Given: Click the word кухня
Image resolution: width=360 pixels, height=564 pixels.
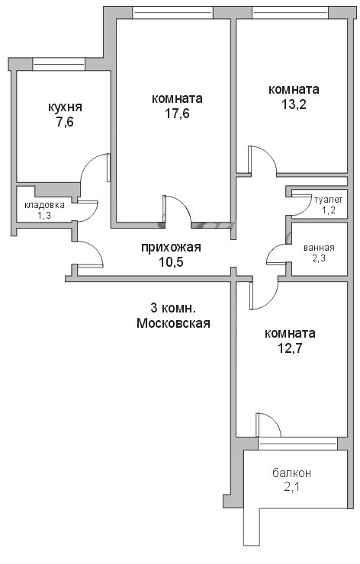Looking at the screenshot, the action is (65, 107).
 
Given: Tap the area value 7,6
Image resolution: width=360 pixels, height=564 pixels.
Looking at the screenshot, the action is (65, 122).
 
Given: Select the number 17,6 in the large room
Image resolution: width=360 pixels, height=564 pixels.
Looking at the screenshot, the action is (177, 114).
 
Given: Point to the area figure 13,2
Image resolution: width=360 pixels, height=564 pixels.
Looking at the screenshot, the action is (294, 104).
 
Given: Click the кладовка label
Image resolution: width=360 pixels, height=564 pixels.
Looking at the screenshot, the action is (45, 205).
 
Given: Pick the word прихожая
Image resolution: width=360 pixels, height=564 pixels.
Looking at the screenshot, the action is (171, 248).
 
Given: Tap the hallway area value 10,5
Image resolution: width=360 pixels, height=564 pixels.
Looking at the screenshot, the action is (172, 262).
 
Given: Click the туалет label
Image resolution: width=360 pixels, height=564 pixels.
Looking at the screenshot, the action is (328, 200).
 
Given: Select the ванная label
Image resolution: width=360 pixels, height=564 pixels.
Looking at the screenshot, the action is (319, 248).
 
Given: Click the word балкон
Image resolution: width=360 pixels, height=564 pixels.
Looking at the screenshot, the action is (291, 473).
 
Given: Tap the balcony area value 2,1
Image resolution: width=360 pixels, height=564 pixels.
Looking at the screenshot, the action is (292, 487).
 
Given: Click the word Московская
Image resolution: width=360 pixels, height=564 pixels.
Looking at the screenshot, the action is (174, 323).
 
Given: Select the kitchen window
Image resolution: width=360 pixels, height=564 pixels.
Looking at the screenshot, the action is (59, 64).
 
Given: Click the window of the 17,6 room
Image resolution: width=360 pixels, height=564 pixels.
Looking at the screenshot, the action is (173, 13).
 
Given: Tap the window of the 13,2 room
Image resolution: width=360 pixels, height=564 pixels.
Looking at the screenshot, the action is (290, 13).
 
